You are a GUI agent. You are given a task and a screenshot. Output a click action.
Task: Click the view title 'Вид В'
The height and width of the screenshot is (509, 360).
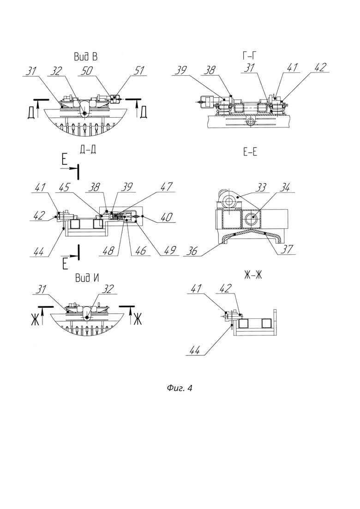(86, 57)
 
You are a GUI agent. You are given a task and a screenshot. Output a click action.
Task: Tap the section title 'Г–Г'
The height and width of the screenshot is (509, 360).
(250, 56)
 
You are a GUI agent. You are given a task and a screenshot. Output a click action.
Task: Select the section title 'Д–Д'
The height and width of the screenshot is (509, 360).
(87, 150)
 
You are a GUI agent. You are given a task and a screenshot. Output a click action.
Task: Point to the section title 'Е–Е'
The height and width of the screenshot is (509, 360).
(250, 152)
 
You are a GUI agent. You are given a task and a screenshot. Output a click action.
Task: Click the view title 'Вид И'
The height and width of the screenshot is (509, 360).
(87, 277)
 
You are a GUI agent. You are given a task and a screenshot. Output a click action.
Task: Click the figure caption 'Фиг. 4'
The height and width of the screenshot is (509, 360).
(180, 388)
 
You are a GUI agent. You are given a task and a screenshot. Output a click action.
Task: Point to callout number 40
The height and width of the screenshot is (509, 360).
(166, 217)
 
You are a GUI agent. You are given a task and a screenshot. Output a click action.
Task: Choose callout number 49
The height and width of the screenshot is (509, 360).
(169, 250)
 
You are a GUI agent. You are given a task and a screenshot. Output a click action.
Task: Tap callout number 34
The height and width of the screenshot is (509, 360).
(284, 187)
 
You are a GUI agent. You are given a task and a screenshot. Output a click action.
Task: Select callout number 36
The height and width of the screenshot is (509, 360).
(192, 251)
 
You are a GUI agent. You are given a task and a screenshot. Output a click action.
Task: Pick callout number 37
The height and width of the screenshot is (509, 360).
(287, 249)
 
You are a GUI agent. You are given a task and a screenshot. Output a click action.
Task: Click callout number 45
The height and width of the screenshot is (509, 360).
(65, 187)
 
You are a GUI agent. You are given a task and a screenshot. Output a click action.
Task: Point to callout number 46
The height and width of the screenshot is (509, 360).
(140, 250)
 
